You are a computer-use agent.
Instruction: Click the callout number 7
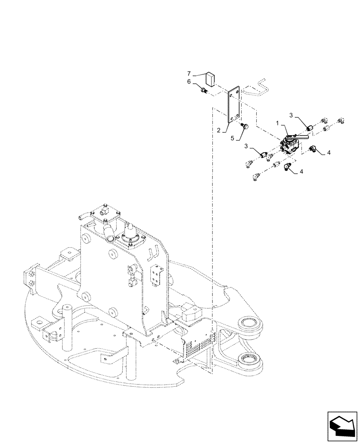pyautogui.click(x=188, y=73)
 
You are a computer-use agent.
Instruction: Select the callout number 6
pyautogui.click(x=188, y=82)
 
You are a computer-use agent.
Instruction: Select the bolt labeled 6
pyautogui.click(x=204, y=91)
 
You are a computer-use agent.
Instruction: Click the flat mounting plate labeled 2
pyautogui.click(x=234, y=105)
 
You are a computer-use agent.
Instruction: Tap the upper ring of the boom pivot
pyautogui.click(x=250, y=323)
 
